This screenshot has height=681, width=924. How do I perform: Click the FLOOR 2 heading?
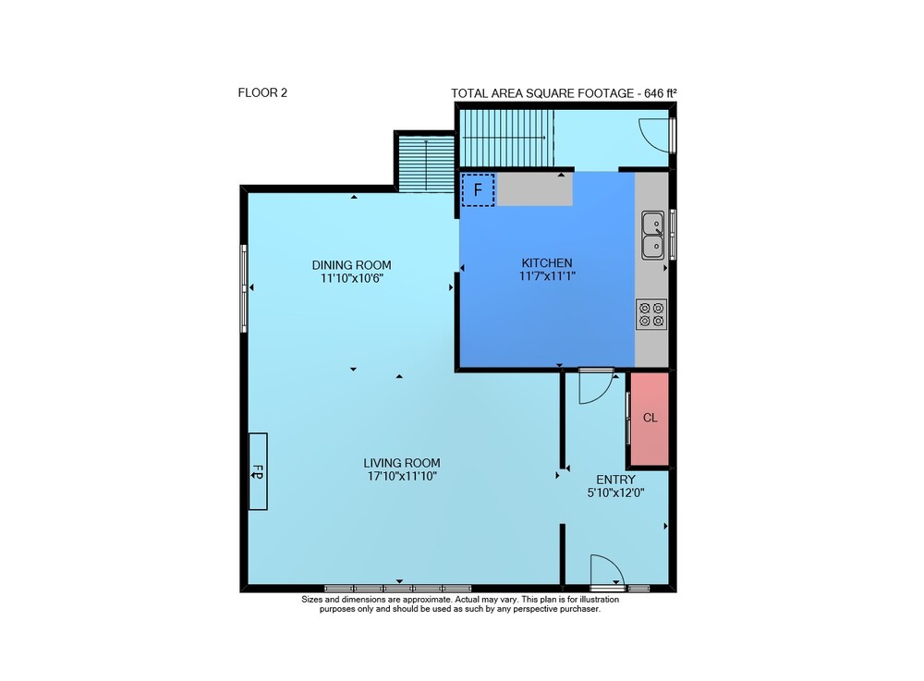(x=262, y=92)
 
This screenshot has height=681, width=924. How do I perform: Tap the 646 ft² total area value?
(x=660, y=93)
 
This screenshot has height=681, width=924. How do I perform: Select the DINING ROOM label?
(x=351, y=265)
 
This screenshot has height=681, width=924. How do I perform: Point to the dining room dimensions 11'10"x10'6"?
(x=352, y=278)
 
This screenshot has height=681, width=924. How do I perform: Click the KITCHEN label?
(x=547, y=262)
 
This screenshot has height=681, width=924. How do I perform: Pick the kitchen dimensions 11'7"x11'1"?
(x=547, y=275)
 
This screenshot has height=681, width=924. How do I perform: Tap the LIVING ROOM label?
(x=402, y=463)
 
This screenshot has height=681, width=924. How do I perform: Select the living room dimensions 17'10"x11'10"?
(x=402, y=476)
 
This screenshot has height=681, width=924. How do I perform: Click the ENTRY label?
(x=615, y=480)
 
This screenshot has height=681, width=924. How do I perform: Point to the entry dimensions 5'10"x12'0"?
(x=615, y=493)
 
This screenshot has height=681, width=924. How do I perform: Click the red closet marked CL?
(x=650, y=419)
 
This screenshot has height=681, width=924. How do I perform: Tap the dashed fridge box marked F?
(x=478, y=189)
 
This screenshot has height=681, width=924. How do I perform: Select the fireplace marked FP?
(x=258, y=471)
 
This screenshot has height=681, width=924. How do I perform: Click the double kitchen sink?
(x=653, y=235)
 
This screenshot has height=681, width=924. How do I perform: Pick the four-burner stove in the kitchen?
(x=651, y=314)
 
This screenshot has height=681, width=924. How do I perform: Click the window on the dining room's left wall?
(x=243, y=288)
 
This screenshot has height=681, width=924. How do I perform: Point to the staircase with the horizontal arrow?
(x=506, y=138)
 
